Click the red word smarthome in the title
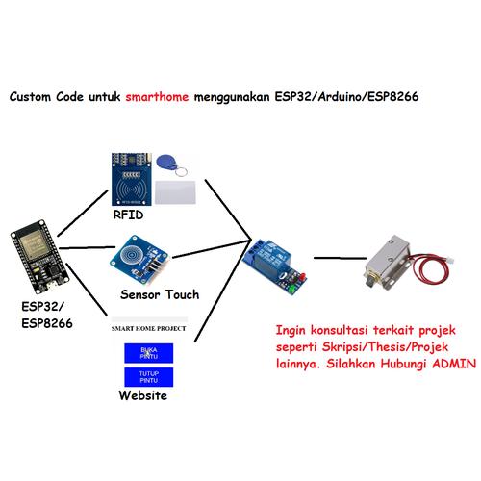pyautogui.click(x=157, y=96)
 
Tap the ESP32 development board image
pyautogui.click(x=39, y=257)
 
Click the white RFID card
pyautogui.click(x=175, y=192)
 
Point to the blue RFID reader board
pyautogui.click(x=132, y=179)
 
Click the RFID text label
pyautogui.click(x=128, y=215)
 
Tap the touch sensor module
pyautogui.click(x=139, y=261)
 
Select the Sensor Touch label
pyautogui.click(x=160, y=294)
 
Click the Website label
pyautogui.click(x=143, y=395)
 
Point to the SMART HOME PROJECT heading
pyautogui.click(x=148, y=328)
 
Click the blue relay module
pyautogui.click(x=274, y=266)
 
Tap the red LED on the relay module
pyautogui.click(x=303, y=276)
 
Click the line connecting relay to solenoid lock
pyautogui.click(x=340, y=258)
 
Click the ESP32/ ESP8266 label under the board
pyautogui.click(x=47, y=315)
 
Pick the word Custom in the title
pyautogui.click(x=30, y=96)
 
